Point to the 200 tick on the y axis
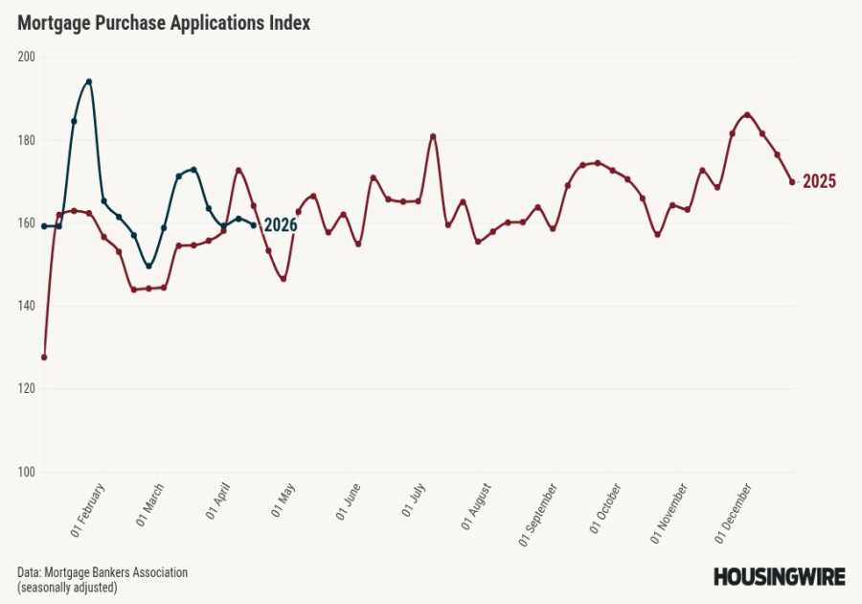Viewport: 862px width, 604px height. click(x=26, y=57)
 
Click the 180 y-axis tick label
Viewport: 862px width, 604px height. click(x=26, y=140)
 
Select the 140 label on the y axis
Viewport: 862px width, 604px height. click(x=26, y=306)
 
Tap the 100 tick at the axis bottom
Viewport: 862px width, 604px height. click(x=26, y=472)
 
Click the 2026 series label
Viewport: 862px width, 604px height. click(x=280, y=226)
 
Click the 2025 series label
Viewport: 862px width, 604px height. click(x=819, y=182)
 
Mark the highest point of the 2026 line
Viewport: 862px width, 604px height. click(x=89, y=81)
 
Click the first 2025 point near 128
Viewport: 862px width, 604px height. click(x=44, y=357)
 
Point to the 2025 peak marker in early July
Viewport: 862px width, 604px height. click(x=433, y=136)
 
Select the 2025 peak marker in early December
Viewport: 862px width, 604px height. click(x=747, y=115)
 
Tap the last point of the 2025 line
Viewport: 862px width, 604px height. click(x=792, y=182)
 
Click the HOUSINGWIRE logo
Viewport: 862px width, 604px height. click(x=779, y=576)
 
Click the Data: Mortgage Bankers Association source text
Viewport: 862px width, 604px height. click(x=102, y=572)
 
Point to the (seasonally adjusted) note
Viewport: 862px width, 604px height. click(x=67, y=587)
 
